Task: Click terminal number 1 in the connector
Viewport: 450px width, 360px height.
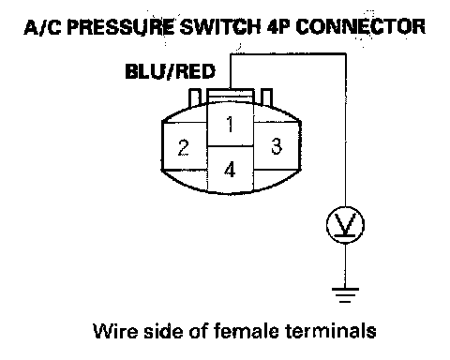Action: click(x=231, y=124)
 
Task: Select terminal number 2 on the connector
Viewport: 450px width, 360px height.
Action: click(x=184, y=147)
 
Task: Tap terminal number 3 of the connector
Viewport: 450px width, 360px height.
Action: click(x=277, y=146)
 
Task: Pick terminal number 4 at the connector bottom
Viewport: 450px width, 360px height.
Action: click(x=231, y=170)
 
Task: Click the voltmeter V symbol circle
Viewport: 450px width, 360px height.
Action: click(x=345, y=225)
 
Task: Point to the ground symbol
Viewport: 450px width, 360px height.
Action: click(x=345, y=295)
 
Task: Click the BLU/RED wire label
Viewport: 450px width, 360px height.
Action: click(x=170, y=72)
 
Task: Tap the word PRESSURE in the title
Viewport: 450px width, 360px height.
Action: click(x=120, y=27)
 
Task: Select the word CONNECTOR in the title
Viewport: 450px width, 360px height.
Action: click(x=360, y=27)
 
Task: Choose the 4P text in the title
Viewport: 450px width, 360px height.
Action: click(x=278, y=27)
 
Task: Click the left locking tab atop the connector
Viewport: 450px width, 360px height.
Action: click(x=195, y=97)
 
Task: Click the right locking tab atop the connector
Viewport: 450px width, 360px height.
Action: click(x=266, y=97)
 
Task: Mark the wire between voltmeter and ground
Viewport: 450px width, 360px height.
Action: click(x=345, y=265)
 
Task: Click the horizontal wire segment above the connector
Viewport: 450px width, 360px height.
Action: click(x=288, y=54)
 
